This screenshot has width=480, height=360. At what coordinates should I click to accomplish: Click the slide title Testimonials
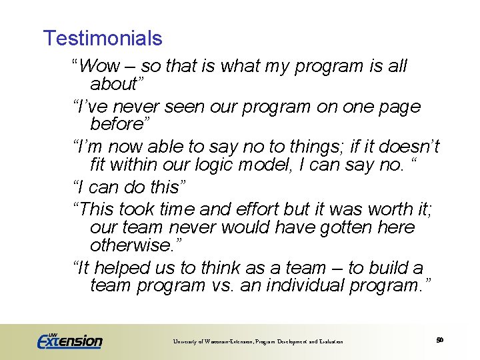point(102,38)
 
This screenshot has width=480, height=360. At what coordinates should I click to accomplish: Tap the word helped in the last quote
point(120,267)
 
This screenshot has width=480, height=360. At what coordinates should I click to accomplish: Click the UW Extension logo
point(69,341)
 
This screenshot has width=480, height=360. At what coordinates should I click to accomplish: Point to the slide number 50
point(439,340)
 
